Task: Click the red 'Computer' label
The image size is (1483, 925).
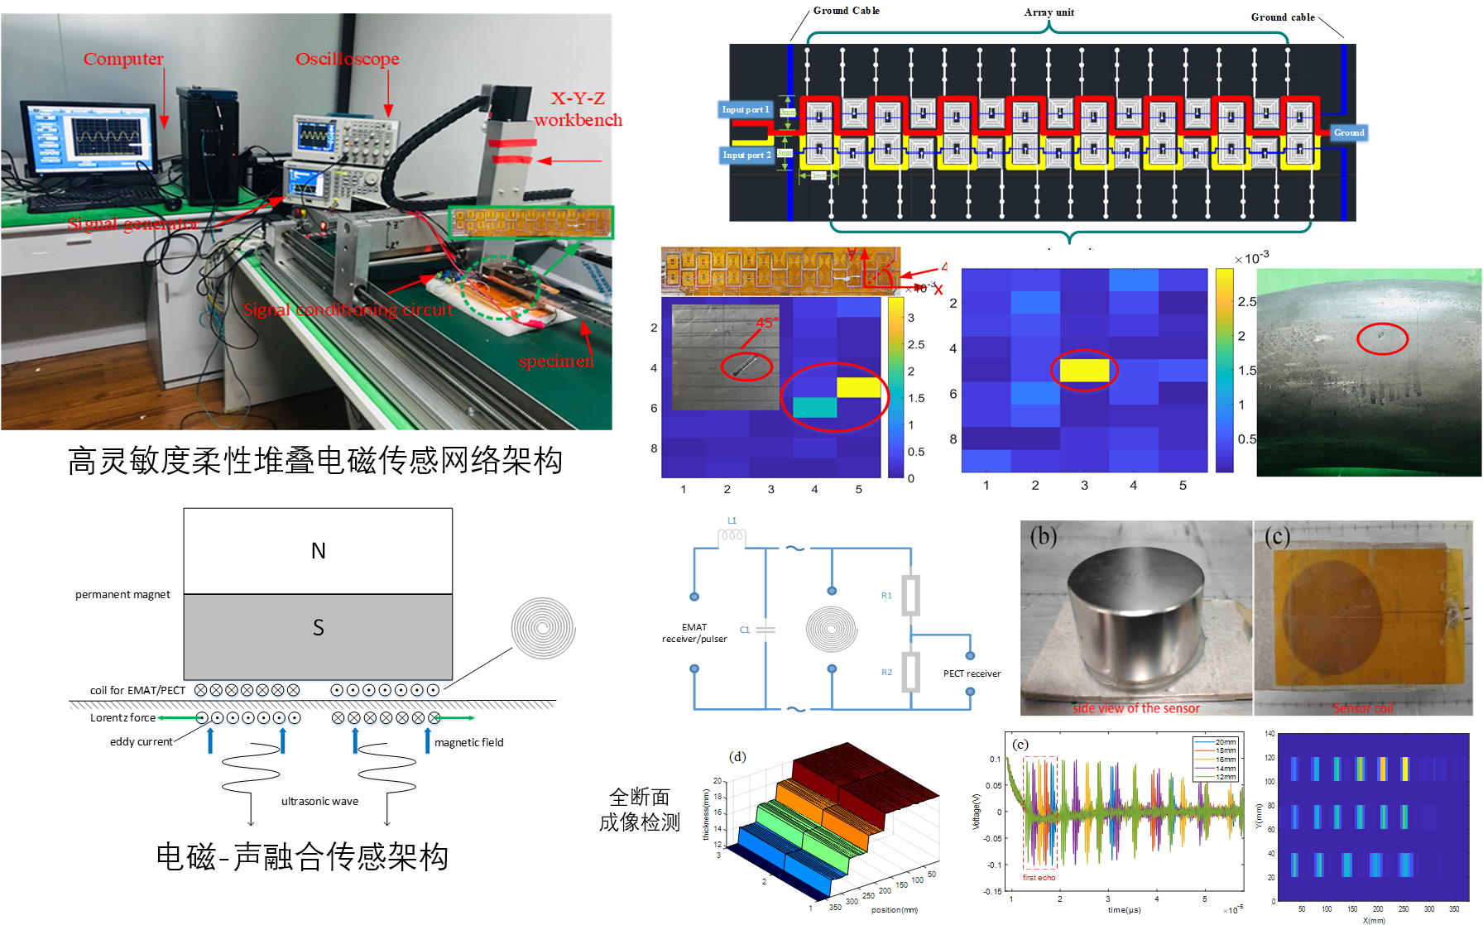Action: click(123, 59)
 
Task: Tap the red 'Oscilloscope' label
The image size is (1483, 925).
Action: click(347, 59)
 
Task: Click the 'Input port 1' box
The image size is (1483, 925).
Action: click(745, 109)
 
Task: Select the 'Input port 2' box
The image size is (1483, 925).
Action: click(746, 155)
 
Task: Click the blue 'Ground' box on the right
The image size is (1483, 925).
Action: click(1348, 132)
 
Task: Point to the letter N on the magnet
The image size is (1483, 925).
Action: click(318, 551)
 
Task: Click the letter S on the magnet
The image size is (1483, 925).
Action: click(318, 628)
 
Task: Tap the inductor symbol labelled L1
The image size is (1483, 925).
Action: click(732, 537)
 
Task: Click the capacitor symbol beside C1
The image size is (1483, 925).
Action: click(766, 630)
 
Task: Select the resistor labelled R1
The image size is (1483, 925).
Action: click(910, 595)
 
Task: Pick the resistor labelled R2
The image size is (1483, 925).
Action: click(910, 671)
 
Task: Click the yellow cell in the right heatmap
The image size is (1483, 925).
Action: click(1084, 370)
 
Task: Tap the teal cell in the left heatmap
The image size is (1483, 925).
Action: click(815, 407)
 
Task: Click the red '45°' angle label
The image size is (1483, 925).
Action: click(767, 323)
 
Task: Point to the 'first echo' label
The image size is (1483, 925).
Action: click(1039, 877)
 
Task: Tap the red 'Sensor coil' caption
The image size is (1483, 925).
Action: click(1362, 708)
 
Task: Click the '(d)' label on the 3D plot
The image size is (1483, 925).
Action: click(737, 756)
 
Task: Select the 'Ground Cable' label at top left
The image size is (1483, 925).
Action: click(846, 11)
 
